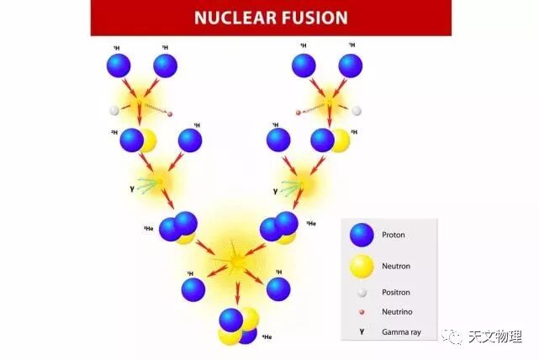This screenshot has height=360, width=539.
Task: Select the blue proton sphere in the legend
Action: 362,235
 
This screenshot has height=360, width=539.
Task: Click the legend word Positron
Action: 396,293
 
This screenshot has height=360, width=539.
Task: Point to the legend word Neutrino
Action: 397,312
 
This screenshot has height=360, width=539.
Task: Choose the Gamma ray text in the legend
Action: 401,332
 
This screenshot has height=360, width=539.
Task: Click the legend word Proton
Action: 394,235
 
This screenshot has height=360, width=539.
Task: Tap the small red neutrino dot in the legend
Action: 362,312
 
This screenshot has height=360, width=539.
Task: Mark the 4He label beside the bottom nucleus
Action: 266,337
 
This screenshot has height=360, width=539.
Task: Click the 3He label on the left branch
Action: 148,228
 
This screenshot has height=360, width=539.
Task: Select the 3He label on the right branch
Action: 311,223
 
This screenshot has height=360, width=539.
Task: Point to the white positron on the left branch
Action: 114,110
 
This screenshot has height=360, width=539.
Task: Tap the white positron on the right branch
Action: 357,110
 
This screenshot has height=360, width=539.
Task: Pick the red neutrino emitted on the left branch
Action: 169,113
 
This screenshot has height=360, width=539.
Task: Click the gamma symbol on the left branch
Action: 131,188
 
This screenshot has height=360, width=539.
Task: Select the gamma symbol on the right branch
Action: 275,191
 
